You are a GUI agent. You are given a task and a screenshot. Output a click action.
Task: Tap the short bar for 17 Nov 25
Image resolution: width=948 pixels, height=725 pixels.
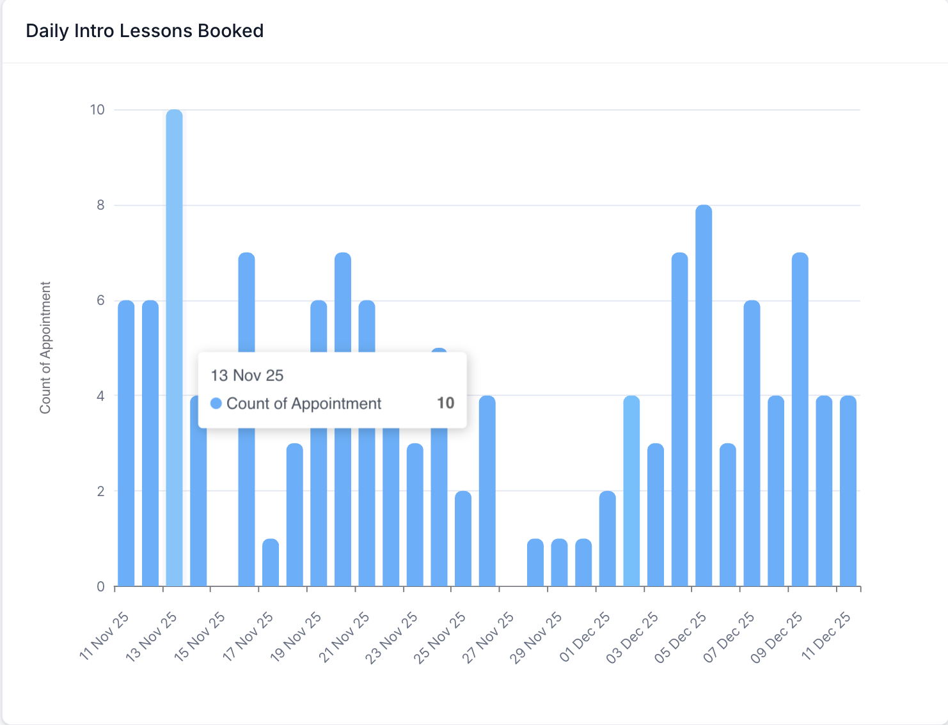point(271,563)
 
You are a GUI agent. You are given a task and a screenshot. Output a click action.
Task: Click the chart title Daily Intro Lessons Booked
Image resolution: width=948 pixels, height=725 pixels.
point(145,31)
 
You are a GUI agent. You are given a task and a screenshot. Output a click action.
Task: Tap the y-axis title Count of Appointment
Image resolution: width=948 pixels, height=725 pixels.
point(45,348)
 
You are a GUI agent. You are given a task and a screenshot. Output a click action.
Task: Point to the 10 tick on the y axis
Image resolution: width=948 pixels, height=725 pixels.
point(97,110)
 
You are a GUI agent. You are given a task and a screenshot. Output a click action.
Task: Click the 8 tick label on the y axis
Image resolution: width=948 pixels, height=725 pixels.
point(100,205)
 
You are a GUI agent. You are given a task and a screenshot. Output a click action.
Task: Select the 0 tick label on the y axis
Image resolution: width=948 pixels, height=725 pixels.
point(100,587)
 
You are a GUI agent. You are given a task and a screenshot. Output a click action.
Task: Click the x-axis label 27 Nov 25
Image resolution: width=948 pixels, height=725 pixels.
point(489,637)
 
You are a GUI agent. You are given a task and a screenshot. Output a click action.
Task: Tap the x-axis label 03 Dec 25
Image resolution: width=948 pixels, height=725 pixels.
point(633,637)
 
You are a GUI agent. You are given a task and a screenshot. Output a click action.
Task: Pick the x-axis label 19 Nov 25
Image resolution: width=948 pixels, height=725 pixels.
point(296,637)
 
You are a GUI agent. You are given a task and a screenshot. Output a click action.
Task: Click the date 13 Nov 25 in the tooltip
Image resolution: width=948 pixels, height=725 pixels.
point(247,375)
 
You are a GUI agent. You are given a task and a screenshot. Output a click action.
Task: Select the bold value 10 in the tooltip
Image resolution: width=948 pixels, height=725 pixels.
point(445,403)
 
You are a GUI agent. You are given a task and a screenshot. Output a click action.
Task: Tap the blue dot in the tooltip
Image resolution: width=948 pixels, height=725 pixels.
point(216,403)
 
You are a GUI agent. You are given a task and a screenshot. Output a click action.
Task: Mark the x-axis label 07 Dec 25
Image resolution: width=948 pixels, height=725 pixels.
point(729,637)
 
